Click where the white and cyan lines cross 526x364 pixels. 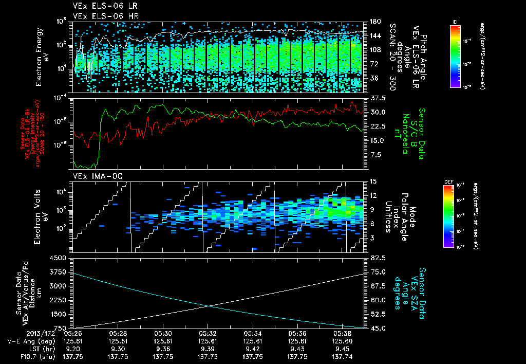209,306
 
